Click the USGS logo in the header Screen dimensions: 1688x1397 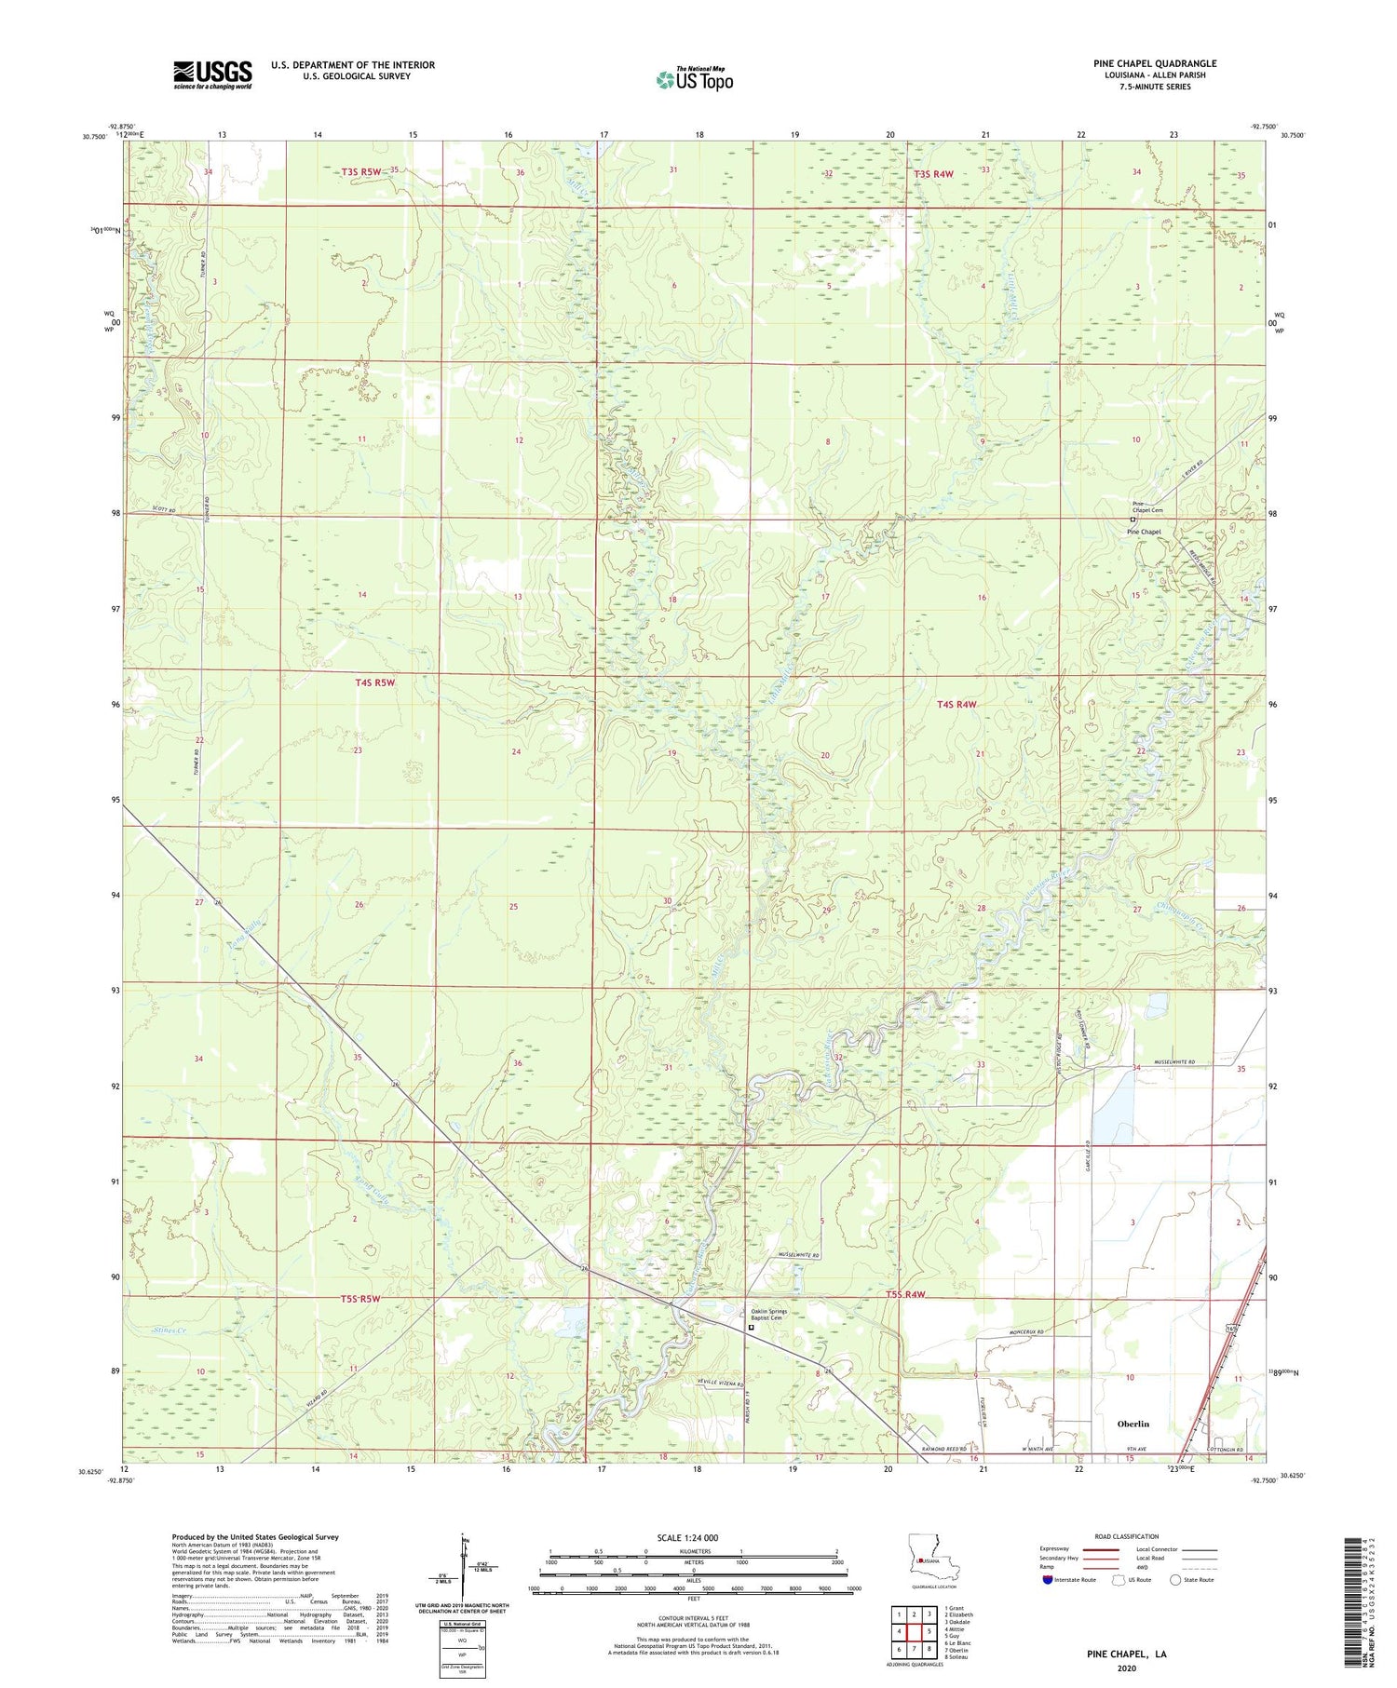click(212, 74)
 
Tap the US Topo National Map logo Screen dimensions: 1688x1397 click(694, 79)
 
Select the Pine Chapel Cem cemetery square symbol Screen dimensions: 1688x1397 click(1133, 520)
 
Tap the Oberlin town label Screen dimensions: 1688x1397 click(1133, 1424)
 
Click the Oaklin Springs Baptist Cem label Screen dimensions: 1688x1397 click(768, 1316)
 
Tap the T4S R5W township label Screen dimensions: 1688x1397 click(374, 682)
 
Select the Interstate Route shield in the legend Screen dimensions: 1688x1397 click(1048, 1579)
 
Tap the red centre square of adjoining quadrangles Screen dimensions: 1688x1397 click(916, 1631)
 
